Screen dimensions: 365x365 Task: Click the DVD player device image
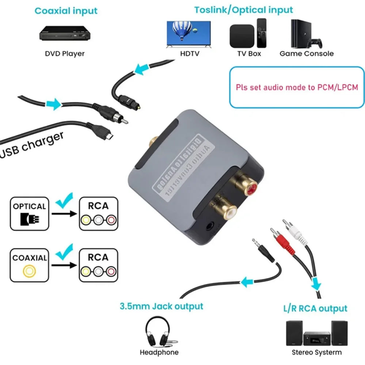click(x=65, y=34)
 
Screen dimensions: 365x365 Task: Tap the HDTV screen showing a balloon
click(x=188, y=33)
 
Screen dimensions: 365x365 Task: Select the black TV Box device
click(x=241, y=35)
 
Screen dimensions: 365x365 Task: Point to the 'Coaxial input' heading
click(x=66, y=11)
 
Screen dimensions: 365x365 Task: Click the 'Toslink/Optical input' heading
click(x=244, y=9)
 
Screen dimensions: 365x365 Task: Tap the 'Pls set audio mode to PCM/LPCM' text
click(x=297, y=87)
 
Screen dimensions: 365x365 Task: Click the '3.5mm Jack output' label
click(x=161, y=306)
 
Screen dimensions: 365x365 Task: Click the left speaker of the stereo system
click(x=294, y=333)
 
